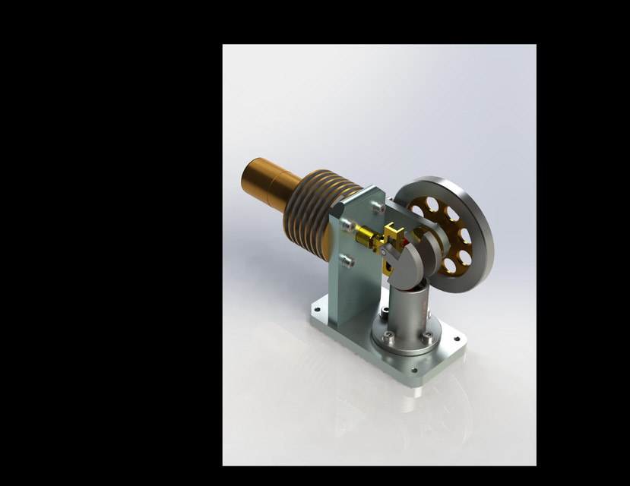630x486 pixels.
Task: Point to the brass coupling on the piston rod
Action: [x=370, y=238]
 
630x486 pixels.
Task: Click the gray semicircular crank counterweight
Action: [x=416, y=262]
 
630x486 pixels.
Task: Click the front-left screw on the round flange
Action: [x=388, y=339]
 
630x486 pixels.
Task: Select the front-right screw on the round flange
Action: [x=427, y=334]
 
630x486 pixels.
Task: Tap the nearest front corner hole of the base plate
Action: [x=414, y=371]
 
